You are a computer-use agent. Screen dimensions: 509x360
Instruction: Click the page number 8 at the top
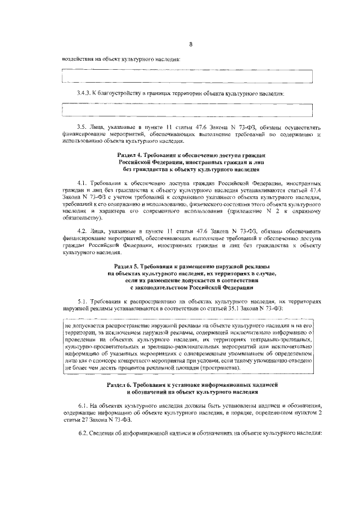pyautogui.click(x=191, y=44)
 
